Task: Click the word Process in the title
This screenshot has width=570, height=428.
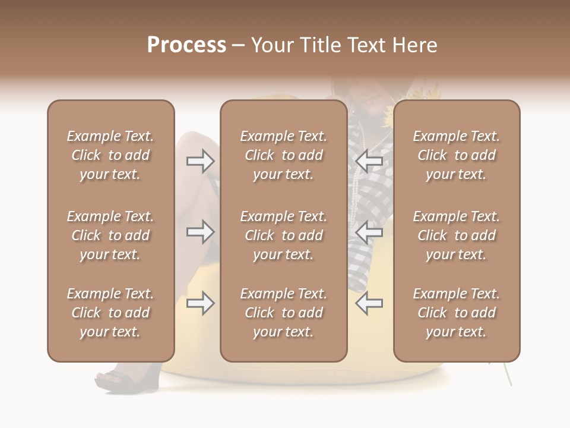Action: click(x=186, y=45)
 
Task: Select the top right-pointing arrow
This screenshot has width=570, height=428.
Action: click(x=200, y=160)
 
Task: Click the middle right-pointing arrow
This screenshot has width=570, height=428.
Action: click(x=200, y=231)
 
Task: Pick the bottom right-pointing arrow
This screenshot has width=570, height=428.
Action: click(x=200, y=303)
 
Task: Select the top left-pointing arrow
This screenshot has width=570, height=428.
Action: click(x=369, y=160)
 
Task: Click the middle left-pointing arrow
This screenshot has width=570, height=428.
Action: click(x=369, y=231)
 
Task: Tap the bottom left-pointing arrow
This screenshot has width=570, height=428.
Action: click(x=369, y=303)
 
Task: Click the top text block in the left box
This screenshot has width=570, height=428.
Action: click(x=110, y=155)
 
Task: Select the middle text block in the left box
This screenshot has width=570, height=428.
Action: click(x=110, y=235)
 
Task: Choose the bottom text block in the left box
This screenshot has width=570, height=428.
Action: click(x=110, y=313)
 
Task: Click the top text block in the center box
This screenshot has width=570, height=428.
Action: click(x=283, y=155)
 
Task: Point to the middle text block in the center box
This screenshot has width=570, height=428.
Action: click(x=283, y=235)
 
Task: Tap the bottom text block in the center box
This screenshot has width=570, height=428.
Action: click(x=283, y=313)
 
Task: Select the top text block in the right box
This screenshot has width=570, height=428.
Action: click(x=456, y=155)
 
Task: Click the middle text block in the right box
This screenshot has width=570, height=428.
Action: click(x=456, y=235)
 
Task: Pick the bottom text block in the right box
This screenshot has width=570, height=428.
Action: click(x=456, y=313)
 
